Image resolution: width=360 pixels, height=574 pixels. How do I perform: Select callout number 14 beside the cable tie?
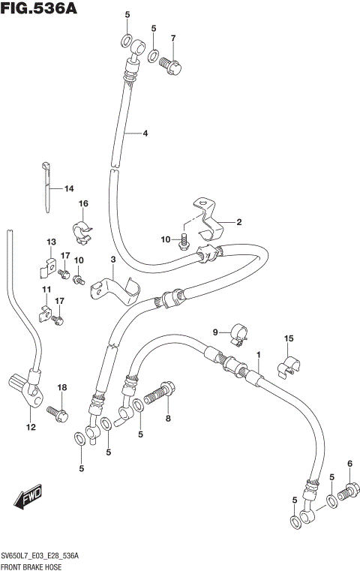pyautogui.click(x=68, y=188)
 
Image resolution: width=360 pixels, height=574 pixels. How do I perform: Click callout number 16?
pyautogui.click(x=84, y=203)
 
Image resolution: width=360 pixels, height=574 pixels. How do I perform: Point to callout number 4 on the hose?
pyautogui.click(x=145, y=134)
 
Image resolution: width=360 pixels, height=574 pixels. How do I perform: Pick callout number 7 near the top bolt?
pyautogui.click(x=172, y=38)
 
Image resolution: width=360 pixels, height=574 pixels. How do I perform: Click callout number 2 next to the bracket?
pyautogui.click(x=238, y=222)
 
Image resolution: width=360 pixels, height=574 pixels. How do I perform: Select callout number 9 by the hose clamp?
pyautogui.click(x=214, y=332)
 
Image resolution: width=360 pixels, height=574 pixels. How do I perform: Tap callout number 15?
pyautogui.click(x=289, y=339)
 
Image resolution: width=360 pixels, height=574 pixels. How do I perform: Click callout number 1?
pyautogui.click(x=259, y=354)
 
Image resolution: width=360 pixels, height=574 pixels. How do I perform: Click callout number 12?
pyautogui.click(x=31, y=428)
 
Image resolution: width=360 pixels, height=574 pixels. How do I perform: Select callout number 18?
pyautogui.click(x=62, y=387)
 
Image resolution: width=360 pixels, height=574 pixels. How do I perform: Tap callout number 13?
pyautogui.click(x=51, y=242)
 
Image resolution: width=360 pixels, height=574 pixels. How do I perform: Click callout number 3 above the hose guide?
pyautogui.click(x=112, y=260)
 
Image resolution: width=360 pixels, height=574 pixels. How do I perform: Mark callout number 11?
pyautogui.click(x=46, y=290)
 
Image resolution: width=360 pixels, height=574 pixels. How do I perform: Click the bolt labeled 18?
pyautogui.click(x=57, y=411)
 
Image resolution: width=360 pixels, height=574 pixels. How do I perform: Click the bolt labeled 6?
pyautogui.click(x=346, y=493)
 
